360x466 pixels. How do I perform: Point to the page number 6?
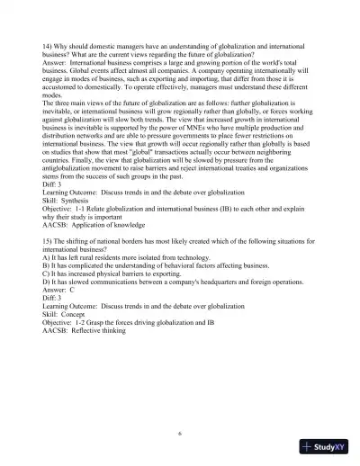pyautogui.click(x=180, y=433)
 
